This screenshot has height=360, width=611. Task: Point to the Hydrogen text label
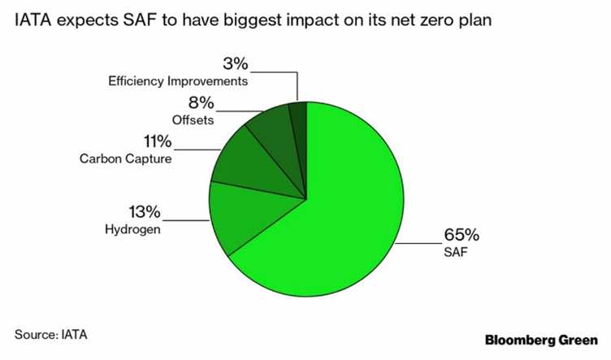[x=134, y=230]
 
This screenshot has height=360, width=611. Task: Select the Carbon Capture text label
[x=125, y=159]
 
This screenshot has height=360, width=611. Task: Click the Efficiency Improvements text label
[x=177, y=81]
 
